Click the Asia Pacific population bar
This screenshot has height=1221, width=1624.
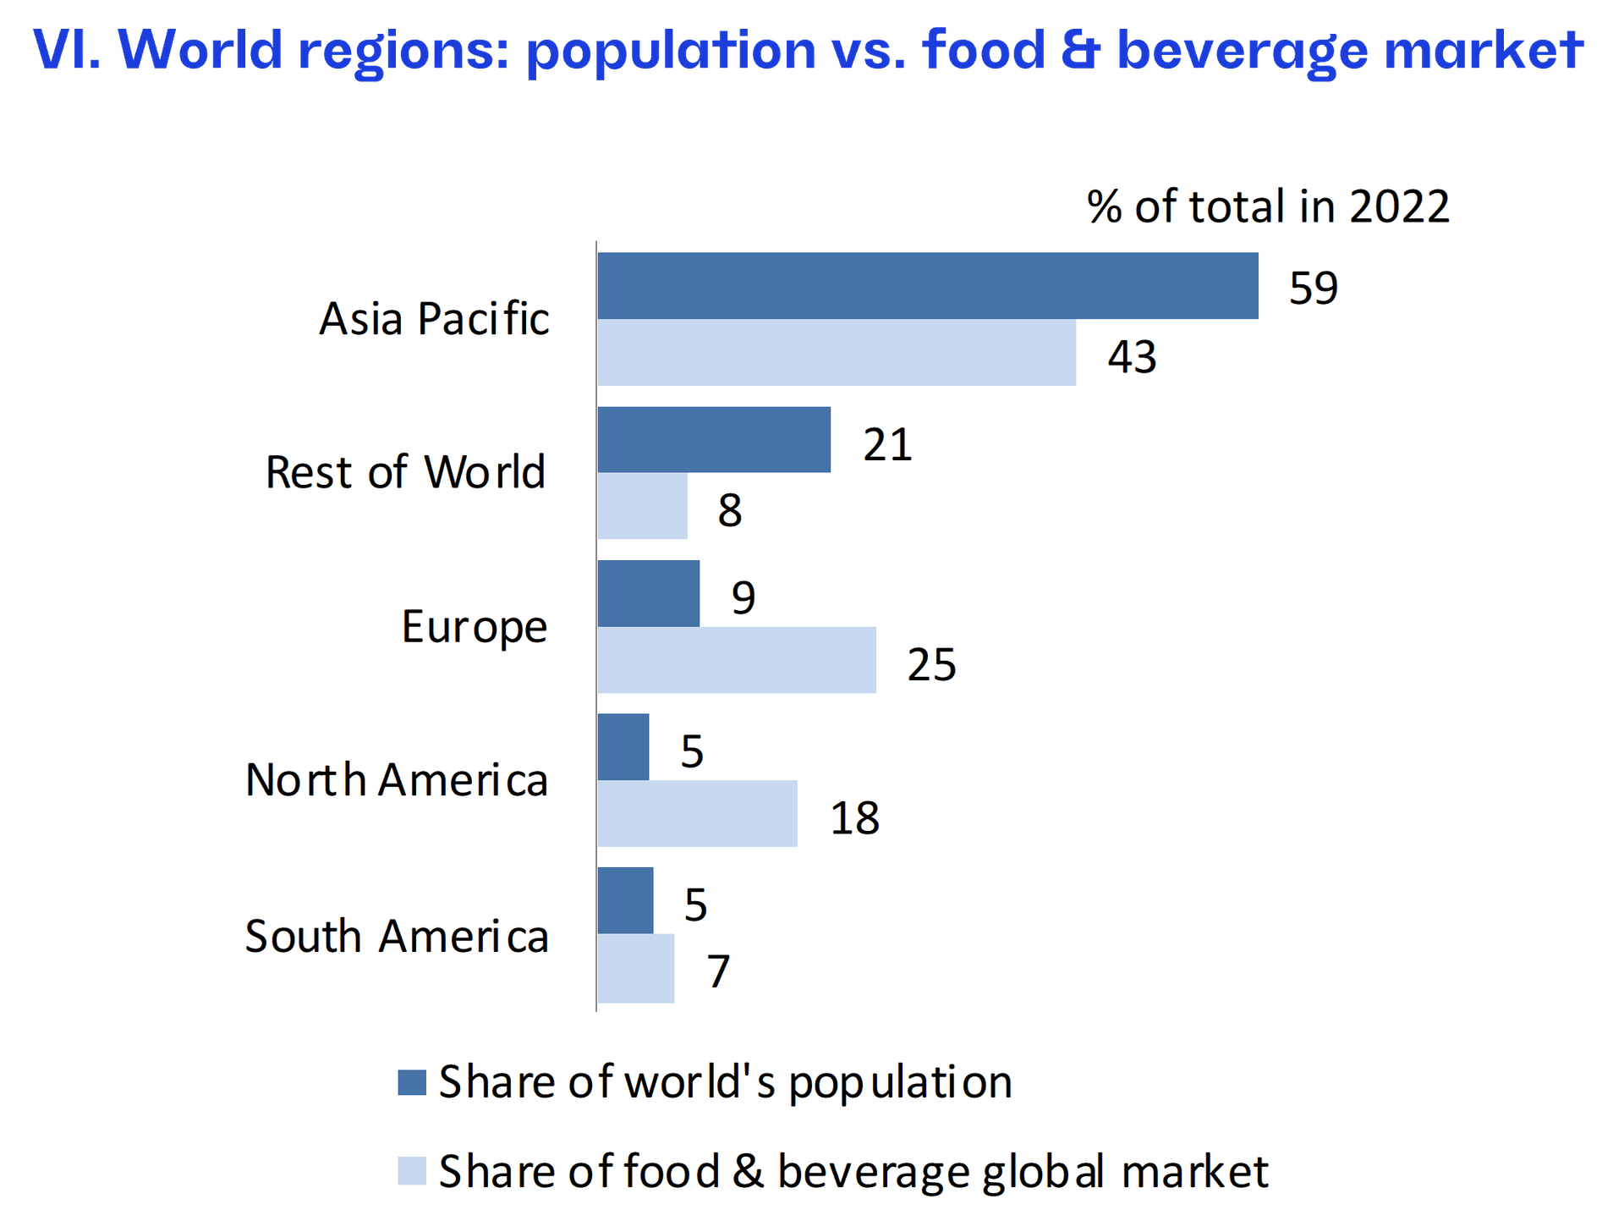click(x=927, y=286)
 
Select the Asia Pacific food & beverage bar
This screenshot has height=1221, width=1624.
click(x=837, y=353)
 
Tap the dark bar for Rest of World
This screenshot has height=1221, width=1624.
click(x=714, y=440)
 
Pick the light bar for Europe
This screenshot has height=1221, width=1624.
click(x=737, y=660)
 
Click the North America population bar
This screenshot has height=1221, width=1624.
click(x=623, y=747)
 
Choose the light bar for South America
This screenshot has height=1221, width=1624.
click(x=636, y=969)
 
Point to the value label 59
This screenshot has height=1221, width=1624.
click(x=1314, y=289)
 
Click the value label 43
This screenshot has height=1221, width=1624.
click(x=1132, y=357)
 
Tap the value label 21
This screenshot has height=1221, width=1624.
click(x=887, y=445)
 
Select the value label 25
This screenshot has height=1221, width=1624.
click(x=931, y=664)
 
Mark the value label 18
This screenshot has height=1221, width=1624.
click(x=854, y=818)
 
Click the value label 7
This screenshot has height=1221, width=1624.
click(x=718, y=971)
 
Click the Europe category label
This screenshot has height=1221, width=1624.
click(x=475, y=627)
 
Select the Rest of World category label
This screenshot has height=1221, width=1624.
click(x=405, y=472)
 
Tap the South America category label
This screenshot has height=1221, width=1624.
click(x=397, y=937)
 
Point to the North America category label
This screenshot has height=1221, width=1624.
click(x=397, y=780)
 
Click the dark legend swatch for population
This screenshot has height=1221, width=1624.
click(x=412, y=1083)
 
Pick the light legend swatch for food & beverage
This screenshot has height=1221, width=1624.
click(x=412, y=1172)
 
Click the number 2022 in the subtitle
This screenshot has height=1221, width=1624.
click(x=1399, y=207)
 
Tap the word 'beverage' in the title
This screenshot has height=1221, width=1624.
click(x=1242, y=51)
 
